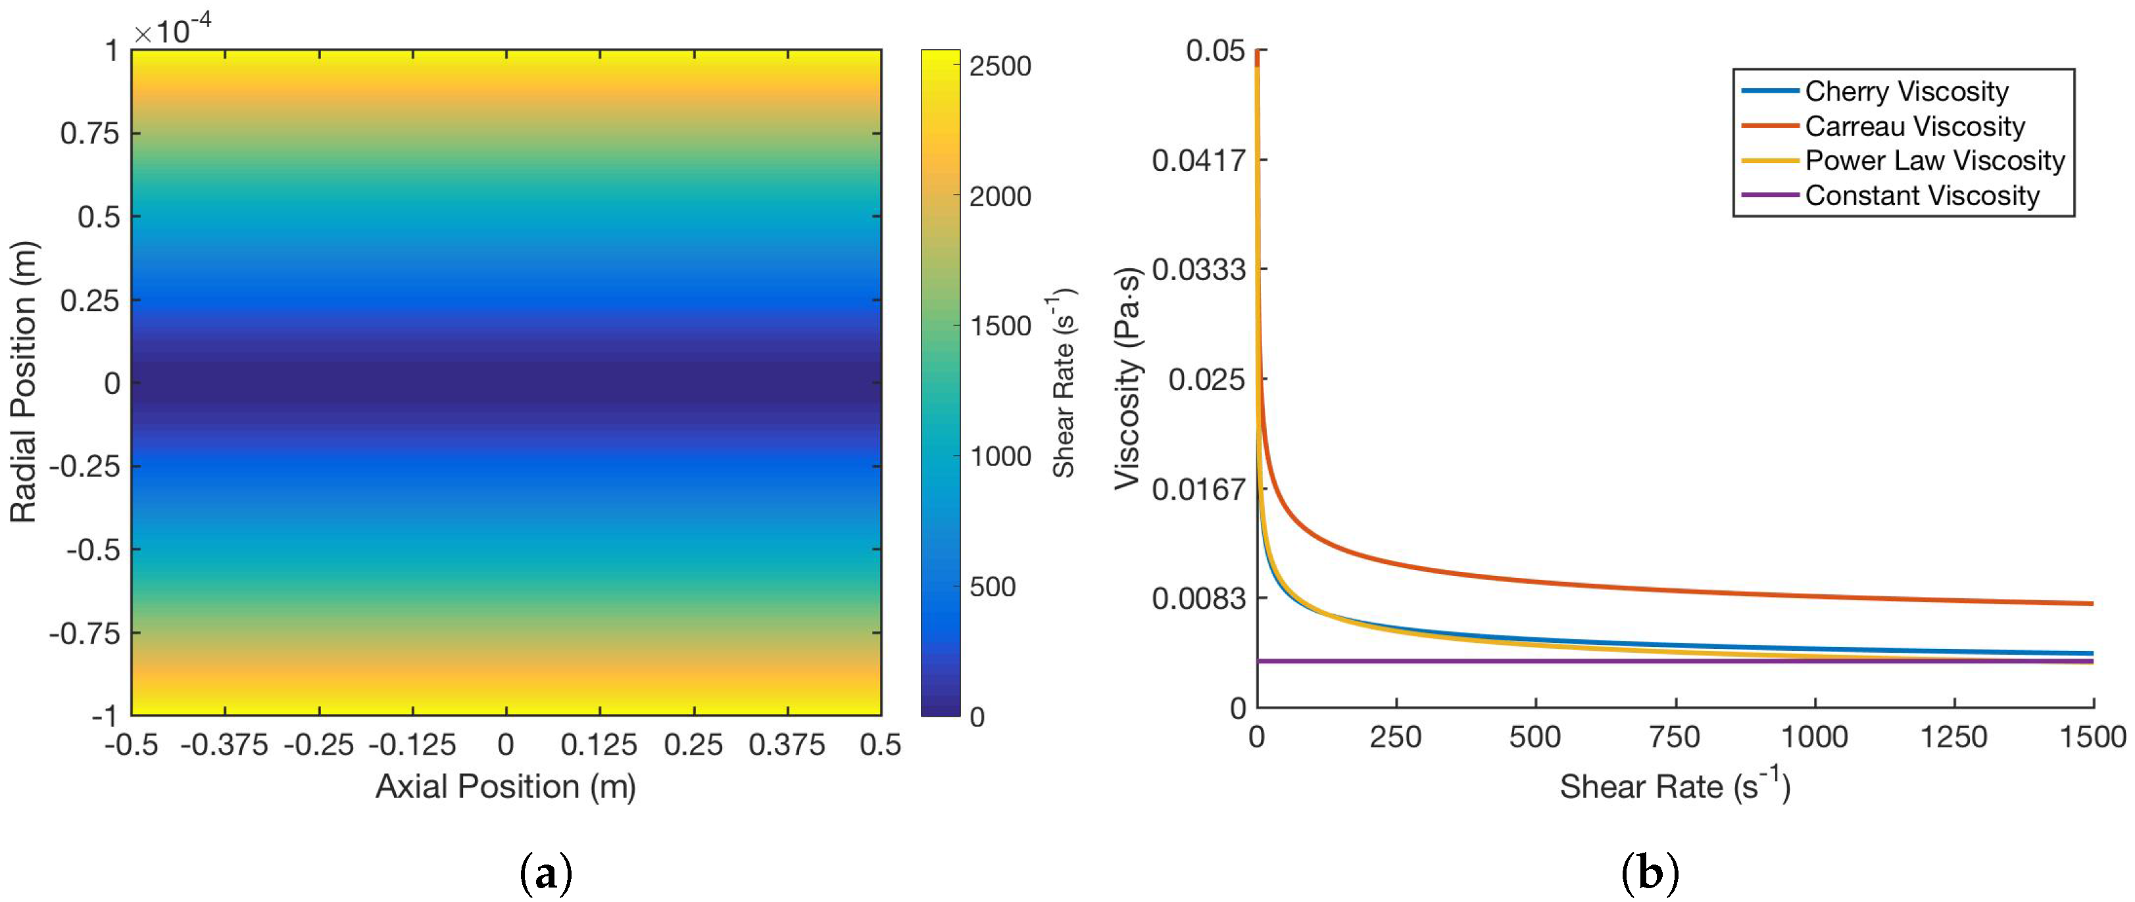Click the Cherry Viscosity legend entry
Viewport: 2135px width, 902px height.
[x=1906, y=91]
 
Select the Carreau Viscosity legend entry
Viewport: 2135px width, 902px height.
[x=1915, y=126]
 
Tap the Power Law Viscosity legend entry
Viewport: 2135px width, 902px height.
[x=1934, y=160]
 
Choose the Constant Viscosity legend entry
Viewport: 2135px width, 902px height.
[x=1922, y=195]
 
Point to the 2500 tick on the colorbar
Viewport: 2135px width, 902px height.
[x=1000, y=66]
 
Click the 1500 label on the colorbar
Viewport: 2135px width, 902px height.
[x=1000, y=326]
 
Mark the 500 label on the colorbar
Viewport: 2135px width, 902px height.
[x=992, y=586]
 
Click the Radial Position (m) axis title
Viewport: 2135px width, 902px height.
[x=23, y=382]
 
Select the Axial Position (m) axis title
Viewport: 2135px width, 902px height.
[x=506, y=786]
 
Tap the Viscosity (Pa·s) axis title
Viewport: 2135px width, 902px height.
[x=1127, y=379]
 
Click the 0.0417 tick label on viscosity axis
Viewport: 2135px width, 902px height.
[x=1198, y=160]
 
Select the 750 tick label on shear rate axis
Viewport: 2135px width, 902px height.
[x=1675, y=736]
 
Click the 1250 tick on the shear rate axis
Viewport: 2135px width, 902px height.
[x=1954, y=736]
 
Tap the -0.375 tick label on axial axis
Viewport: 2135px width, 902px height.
[x=224, y=745]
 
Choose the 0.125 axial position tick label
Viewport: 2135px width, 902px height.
[x=599, y=745]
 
